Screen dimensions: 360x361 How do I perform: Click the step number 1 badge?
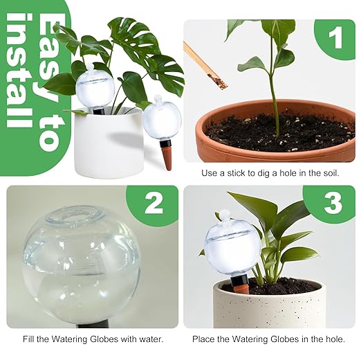(x=335, y=39)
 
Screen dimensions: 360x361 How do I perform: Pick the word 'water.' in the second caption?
(x=149, y=339)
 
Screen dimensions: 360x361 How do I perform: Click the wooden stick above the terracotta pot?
(x=205, y=66)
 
